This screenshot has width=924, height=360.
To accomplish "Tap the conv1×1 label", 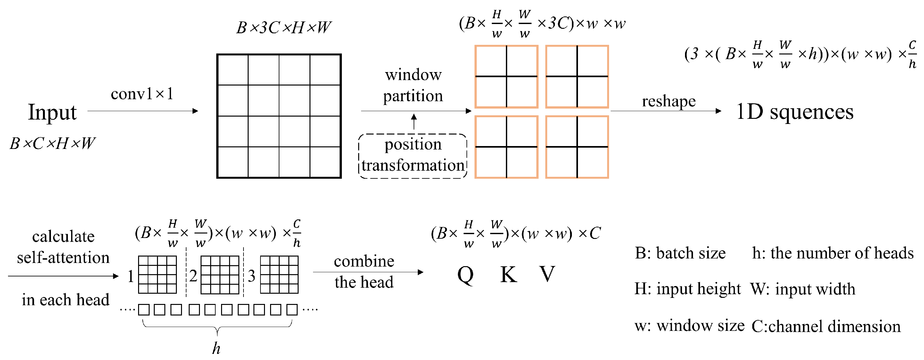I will point(142,94).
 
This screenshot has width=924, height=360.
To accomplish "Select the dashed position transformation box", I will point(413,156).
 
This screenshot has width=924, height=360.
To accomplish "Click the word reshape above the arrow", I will point(669,101).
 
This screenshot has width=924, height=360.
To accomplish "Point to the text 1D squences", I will point(795,112).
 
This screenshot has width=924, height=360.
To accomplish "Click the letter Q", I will point(466,275).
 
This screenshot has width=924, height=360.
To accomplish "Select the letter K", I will point(509,275).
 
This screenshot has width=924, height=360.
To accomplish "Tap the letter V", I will point(547,274).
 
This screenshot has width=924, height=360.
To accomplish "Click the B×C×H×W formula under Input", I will point(52,144).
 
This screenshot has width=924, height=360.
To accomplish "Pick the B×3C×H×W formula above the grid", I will point(283,28).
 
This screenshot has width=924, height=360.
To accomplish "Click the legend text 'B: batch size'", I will point(680,253).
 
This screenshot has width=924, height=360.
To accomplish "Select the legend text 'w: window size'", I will point(689,326).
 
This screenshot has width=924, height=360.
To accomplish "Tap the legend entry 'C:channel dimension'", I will point(826,326).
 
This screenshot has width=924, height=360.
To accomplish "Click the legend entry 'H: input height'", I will point(687,289).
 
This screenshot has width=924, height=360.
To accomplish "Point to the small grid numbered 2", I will point(220,275).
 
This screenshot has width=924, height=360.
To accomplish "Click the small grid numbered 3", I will point(279,275).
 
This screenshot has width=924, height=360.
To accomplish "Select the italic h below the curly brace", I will point(216,348).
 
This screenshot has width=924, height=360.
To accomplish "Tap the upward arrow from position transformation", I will point(414,122).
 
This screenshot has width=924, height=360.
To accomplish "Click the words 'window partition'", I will point(413,85).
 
